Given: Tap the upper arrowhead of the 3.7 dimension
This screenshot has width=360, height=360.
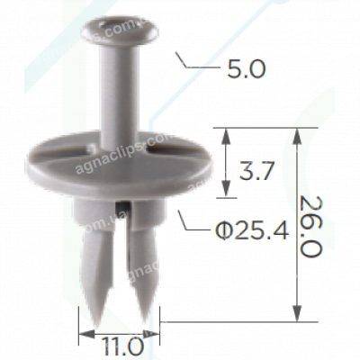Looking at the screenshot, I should tap(225, 134).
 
